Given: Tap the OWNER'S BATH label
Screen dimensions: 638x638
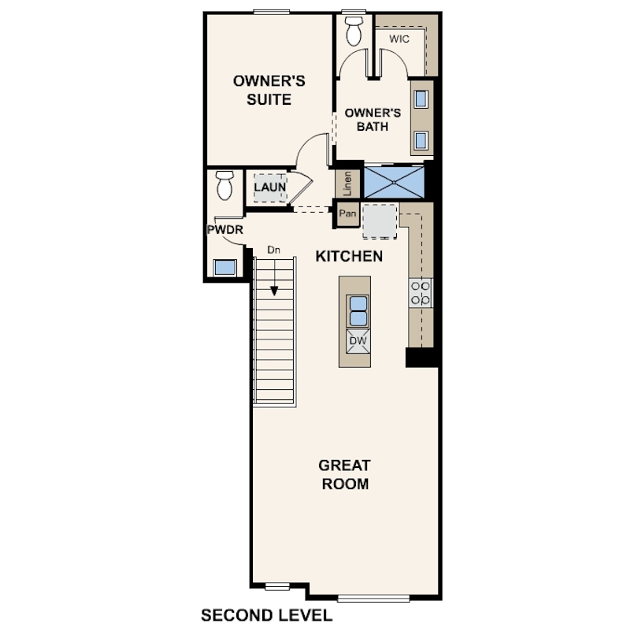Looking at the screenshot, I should (x=373, y=119).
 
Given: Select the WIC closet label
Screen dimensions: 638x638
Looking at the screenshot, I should (x=399, y=38).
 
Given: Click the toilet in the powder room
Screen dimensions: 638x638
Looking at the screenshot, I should (x=224, y=185).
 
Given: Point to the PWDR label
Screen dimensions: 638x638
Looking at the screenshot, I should (x=224, y=230).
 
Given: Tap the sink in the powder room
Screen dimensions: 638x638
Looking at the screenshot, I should (x=225, y=266).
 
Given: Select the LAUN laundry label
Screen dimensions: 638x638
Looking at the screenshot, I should (x=269, y=187).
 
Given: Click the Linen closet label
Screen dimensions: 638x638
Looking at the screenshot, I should (x=347, y=183).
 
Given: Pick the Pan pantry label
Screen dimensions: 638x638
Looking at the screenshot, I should (x=347, y=213).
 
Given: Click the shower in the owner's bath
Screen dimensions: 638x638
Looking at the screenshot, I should (x=394, y=181).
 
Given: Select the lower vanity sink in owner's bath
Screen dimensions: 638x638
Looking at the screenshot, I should (x=421, y=140).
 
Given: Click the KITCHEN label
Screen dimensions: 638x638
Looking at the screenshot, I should (x=349, y=256).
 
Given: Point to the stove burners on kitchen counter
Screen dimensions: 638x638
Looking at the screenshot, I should (x=420, y=294).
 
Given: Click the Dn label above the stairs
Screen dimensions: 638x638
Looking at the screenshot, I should (x=273, y=250).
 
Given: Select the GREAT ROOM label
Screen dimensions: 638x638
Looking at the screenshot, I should (x=345, y=474).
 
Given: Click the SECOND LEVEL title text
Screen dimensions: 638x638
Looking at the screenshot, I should (x=267, y=614).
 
